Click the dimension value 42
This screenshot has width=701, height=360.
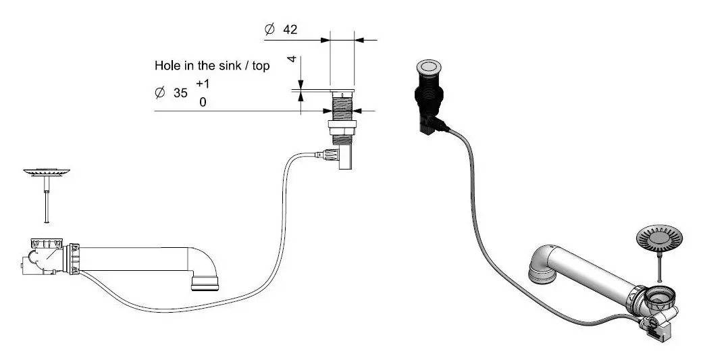coord(290,30)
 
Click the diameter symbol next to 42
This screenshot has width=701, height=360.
coord(269,30)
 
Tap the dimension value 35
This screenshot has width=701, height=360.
coord(180,94)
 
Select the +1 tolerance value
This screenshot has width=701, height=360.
coord(203,84)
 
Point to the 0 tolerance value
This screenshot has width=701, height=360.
coord(203,103)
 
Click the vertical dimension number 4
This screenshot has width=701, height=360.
coord(292,59)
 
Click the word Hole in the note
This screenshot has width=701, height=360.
coord(167,67)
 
